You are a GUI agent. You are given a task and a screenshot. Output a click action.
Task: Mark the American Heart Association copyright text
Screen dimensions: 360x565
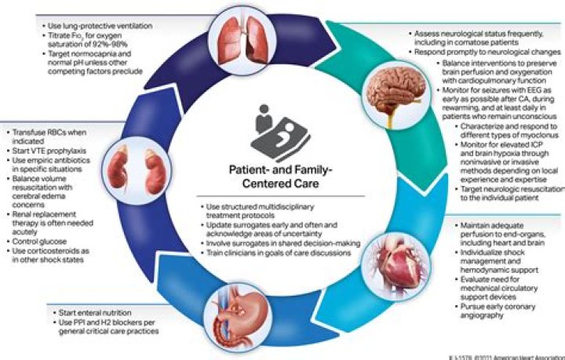coord(518,355)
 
